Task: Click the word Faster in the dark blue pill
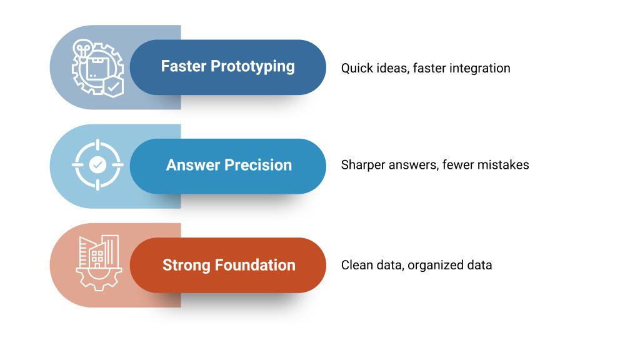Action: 184,66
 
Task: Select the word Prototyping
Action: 252,67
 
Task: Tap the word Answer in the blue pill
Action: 193,165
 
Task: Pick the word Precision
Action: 258,165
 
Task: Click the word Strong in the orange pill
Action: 186,265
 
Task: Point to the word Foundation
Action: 255,265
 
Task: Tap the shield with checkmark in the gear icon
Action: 114,87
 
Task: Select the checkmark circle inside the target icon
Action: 97,165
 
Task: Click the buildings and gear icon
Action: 99,263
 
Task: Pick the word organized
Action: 436,266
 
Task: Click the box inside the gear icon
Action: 96,68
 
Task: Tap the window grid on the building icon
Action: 97,257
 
